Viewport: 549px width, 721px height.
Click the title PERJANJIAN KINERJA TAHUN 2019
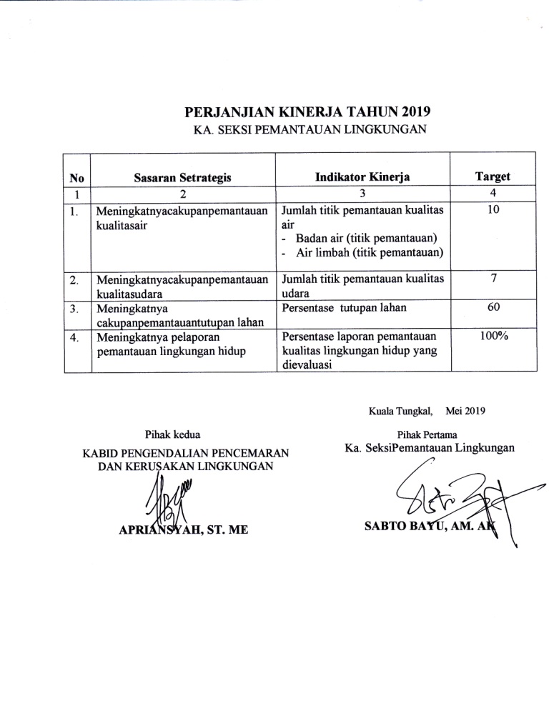click(x=309, y=112)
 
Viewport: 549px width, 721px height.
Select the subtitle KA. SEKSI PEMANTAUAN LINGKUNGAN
click(x=310, y=129)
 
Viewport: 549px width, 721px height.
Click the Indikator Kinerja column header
click(x=362, y=177)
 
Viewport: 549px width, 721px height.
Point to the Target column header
click(x=493, y=177)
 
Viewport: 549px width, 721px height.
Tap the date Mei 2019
click(x=465, y=411)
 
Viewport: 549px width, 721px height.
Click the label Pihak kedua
click(x=173, y=434)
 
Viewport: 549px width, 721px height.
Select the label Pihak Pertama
click(x=428, y=434)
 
